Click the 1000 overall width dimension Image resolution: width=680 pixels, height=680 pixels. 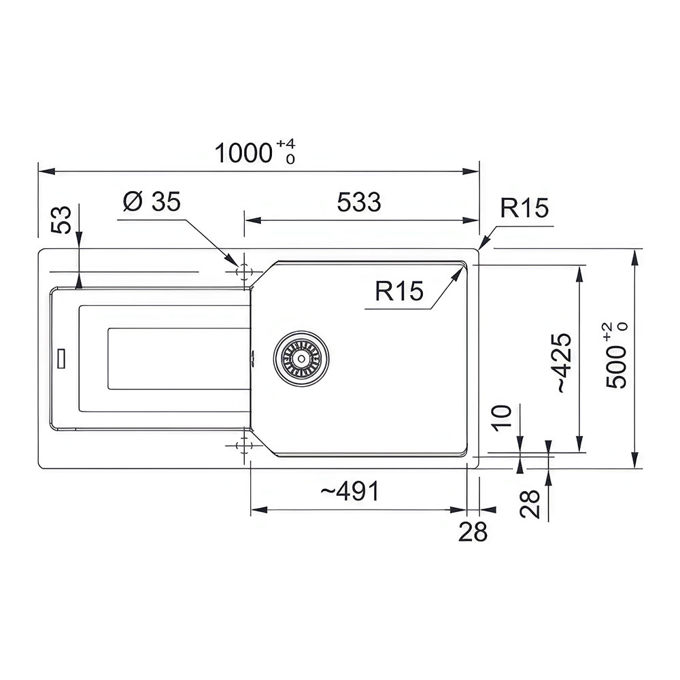click(243, 153)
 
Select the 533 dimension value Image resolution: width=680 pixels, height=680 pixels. click(359, 202)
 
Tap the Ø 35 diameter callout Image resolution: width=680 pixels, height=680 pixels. click(152, 201)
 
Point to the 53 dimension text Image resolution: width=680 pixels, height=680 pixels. click(61, 220)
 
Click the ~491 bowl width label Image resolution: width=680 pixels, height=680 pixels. click(350, 491)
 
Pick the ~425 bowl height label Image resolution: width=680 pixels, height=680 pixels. click(564, 363)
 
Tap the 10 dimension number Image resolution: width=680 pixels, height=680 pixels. click(502, 418)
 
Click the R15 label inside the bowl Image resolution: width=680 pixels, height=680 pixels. click(399, 290)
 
